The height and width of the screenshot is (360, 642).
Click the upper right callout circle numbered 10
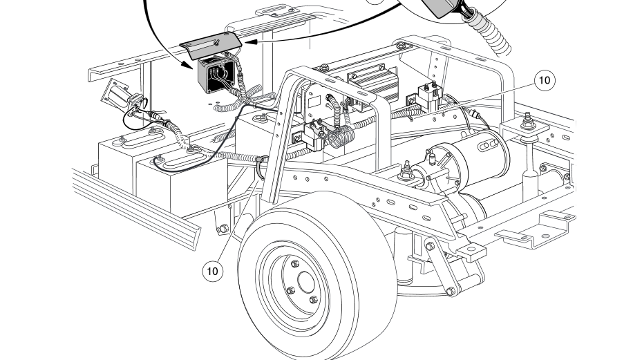coord(545,80)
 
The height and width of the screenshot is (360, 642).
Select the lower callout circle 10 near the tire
coord(213,271)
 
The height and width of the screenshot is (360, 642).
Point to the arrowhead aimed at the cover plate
coord(250,42)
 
